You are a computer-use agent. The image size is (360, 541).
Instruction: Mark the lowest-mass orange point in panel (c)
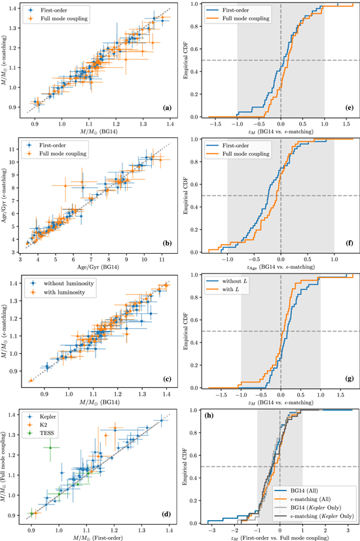click(31, 381)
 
